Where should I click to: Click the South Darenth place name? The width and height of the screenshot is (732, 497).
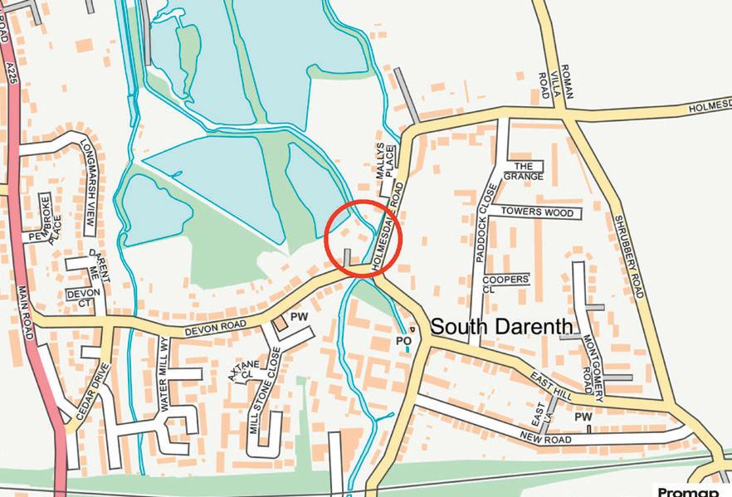[500, 326]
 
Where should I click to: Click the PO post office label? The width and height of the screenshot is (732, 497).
[404, 340]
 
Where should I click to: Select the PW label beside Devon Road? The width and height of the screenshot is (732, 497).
[300, 317]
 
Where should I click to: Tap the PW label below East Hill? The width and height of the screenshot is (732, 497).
[583, 417]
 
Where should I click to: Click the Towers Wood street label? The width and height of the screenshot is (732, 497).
[537, 212]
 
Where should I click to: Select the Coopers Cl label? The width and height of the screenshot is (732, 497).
[505, 285]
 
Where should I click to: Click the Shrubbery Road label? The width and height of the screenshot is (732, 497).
[628, 257]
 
